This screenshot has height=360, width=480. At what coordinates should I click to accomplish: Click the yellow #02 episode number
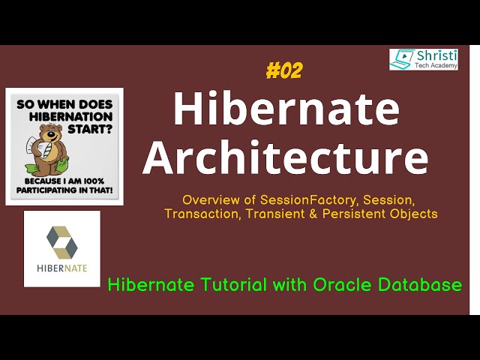(x=284, y=71)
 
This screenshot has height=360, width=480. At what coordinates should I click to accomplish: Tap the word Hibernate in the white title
(x=286, y=109)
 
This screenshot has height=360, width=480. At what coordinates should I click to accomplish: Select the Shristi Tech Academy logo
(x=424, y=60)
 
